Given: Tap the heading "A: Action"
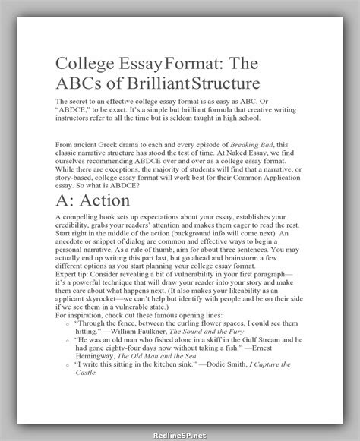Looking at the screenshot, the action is pyautogui.click(x=93, y=200).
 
